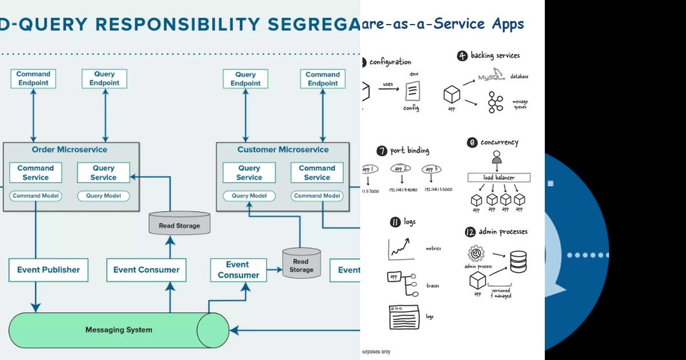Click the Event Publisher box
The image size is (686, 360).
(x=48, y=270)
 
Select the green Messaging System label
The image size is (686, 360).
(x=118, y=330)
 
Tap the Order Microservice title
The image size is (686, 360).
(x=69, y=150)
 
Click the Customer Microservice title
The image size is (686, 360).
(x=283, y=150)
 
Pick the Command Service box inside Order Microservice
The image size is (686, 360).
(x=35, y=173)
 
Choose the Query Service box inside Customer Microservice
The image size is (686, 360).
(x=249, y=173)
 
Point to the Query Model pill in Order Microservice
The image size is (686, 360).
(x=103, y=196)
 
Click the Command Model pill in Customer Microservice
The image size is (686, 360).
(x=317, y=196)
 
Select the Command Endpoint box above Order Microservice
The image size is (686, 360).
(x=33, y=79)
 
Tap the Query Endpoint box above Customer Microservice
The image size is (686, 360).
(x=246, y=79)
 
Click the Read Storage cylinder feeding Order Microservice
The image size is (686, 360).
(x=179, y=224)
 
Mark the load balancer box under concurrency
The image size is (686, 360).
(x=498, y=178)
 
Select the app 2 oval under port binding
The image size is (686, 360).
(x=402, y=169)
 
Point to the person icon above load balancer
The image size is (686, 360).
(x=497, y=157)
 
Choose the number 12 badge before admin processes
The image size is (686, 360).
(x=469, y=232)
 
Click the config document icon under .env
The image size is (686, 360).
(x=412, y=91)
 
